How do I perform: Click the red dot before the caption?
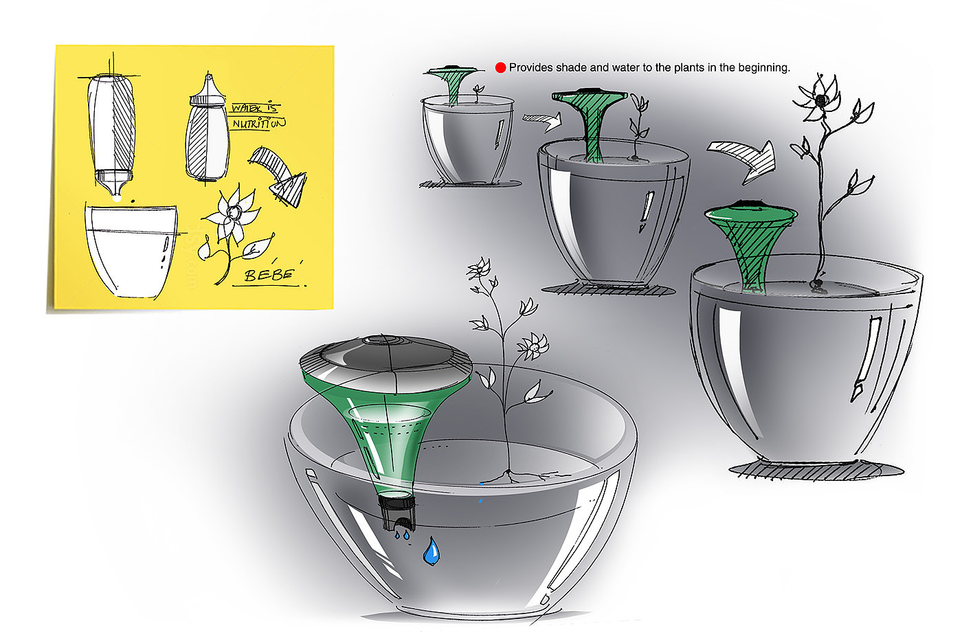500,67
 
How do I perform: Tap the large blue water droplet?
432,551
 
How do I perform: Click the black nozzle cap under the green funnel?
397,513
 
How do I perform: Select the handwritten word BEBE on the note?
269,275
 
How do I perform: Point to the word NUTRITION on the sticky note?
259,124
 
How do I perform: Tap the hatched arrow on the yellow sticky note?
278,175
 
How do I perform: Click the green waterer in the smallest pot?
451,85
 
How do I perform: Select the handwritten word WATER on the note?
247,107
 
